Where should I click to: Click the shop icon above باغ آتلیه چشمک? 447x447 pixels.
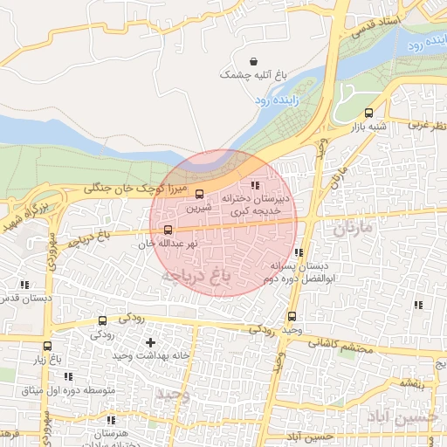(253, 62)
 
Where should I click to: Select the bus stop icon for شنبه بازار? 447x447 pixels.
(368, 113)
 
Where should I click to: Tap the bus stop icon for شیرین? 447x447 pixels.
(198, 194)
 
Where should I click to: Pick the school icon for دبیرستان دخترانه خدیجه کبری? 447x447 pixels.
(255, 185)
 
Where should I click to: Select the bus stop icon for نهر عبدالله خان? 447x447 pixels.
(168, 230)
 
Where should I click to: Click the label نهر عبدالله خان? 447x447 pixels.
(169, 244)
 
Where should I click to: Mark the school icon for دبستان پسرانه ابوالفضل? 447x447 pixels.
(299, 253)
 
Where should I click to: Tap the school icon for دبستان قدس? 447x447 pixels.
(24, 285)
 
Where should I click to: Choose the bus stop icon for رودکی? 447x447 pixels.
(102, 321)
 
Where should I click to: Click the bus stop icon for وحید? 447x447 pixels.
(292, 317)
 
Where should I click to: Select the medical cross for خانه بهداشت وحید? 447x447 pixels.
(150, 343)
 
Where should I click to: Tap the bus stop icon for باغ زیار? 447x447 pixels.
(46, 346)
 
